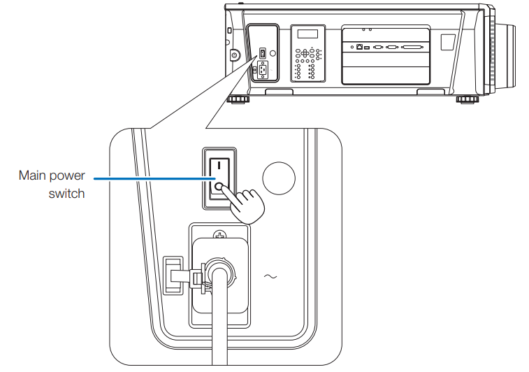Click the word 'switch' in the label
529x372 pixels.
(66, 194)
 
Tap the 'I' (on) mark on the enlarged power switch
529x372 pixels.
(218, 166)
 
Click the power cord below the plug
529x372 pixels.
(219, 329)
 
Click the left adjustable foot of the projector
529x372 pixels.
(239, 99)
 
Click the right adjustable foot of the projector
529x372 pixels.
(466, 99)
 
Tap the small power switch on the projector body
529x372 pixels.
(262, 54)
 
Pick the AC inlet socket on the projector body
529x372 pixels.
(262, 69)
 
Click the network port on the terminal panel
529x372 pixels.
(359, 48)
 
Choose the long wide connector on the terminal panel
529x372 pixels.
(412, 48)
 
